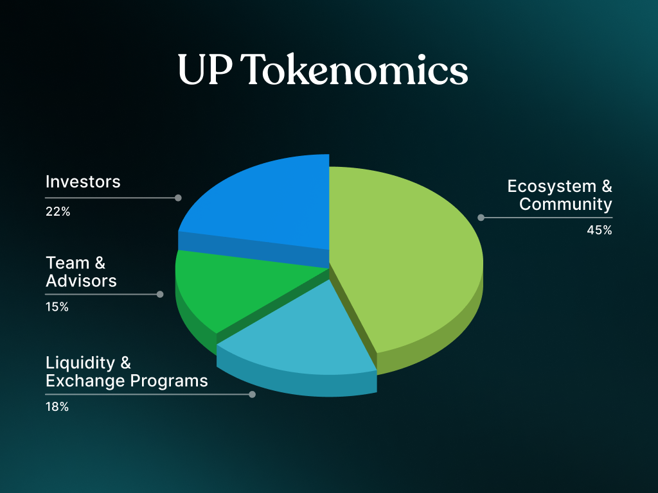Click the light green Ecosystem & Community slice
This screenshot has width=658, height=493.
(x=405, y=257)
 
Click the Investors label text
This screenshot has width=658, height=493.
(x=83, y=182)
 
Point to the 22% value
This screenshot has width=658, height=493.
(x=58, y=211)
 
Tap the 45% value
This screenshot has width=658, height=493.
(x=599, y=230)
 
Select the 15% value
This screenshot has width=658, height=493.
(x=57, y=307)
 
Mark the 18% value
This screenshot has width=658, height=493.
(x=57, y=406)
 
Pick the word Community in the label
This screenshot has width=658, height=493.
(x=565, y=205)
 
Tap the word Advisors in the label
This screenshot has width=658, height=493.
(x=81, y=281)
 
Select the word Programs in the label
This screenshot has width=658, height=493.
(x=169, y=381)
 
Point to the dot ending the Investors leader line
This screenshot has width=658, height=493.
(x=178, y=198)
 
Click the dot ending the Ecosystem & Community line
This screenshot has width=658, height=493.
(x=481, y=218)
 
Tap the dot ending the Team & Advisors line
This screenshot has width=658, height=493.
(x=160, y=294)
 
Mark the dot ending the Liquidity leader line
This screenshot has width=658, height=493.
(x=252, y=394)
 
